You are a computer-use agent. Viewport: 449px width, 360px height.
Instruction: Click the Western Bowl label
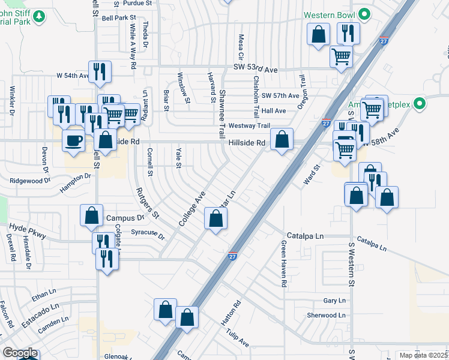tap(330, 14)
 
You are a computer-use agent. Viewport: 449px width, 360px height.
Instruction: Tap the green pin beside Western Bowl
tap(364, 14)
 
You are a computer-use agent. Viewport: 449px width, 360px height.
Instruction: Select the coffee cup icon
tap(74, 142)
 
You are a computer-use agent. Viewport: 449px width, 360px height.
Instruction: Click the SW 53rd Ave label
tap(256, 70)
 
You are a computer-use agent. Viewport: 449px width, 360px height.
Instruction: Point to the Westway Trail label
tap(250, 126)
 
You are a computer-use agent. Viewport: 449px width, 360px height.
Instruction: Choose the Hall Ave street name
tap(274, 111)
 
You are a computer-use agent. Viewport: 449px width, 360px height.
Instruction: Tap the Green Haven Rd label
tap(283, 264)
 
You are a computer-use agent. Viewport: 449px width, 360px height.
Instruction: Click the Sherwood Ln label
tap(326, 315)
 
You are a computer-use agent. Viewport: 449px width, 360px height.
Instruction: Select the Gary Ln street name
tap(334, 301)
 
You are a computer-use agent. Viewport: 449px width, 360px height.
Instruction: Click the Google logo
tap(20, 353)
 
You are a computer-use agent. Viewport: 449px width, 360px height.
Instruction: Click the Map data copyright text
tap(424, 355)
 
